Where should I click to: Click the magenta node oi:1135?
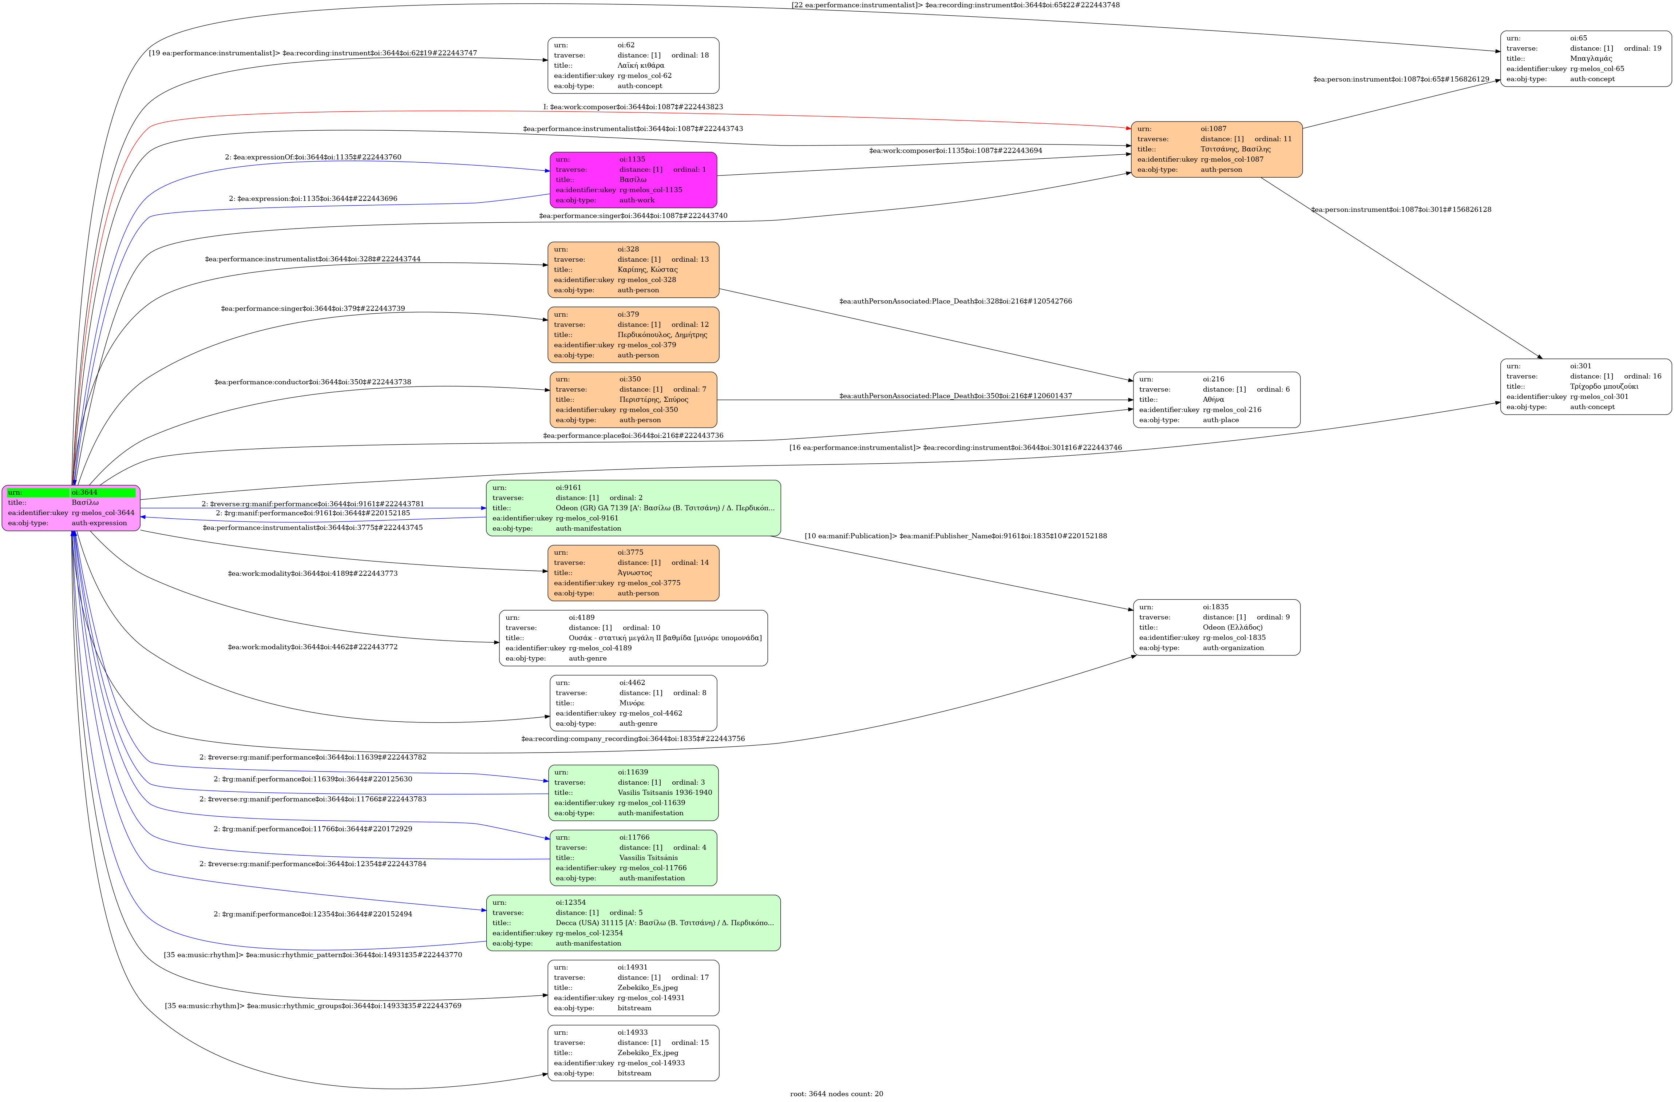pos(633,180)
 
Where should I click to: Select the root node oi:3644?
pos(71,508)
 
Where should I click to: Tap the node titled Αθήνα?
pos(1216,400)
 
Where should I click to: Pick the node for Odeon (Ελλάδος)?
pos(1216,627)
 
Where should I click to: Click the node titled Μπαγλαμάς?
pos(1586,58)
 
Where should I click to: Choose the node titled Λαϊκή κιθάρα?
pos(633,66)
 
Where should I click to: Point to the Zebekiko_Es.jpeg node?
pos(633,987)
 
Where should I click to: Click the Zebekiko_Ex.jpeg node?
pos(633,1053)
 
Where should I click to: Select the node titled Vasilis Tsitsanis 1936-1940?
pos(633,793)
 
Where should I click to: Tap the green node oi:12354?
pos(633,923)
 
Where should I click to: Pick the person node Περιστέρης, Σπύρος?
pos(633,400)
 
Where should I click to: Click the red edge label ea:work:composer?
pos(633,107)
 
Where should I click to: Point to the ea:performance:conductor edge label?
pos(313,382)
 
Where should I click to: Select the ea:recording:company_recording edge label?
pos(633,738)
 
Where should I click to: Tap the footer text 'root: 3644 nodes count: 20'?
pos(836,1094)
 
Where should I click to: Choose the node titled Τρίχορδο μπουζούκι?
pos(1586,386)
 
